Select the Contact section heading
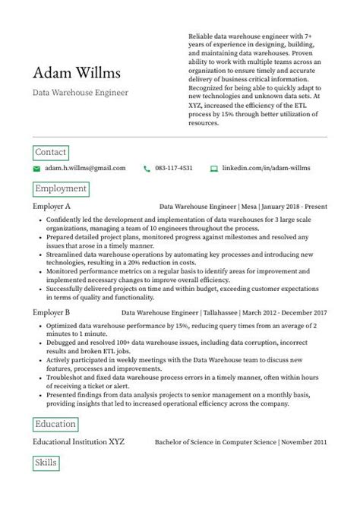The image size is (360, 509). [51, 152]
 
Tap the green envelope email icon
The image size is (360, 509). [36, 168]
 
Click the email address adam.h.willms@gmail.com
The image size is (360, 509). [85, 168]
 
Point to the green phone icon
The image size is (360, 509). [147, 168]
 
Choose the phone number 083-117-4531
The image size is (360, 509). [174, 168]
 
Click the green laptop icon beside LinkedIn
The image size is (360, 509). [214, 168]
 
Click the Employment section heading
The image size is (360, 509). [61, 188]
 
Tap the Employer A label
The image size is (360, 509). [52, 206]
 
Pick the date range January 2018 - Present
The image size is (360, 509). [295, 206]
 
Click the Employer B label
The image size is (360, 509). [52, 312]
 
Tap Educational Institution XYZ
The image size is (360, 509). [78, 441]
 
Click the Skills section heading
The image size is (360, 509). [46, 462]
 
